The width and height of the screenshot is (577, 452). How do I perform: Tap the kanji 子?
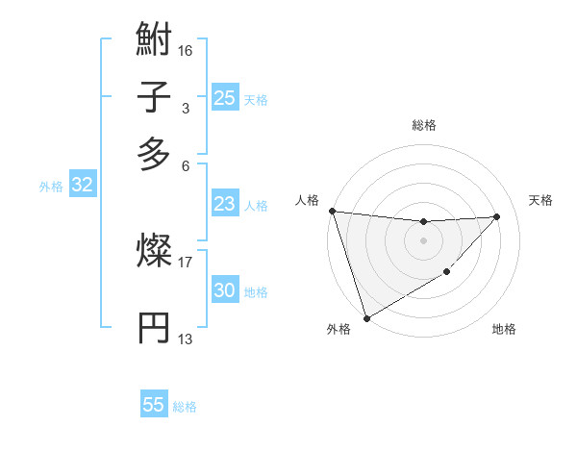click(x=155, y=97)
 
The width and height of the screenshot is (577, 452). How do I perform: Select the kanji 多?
click(x=155, y=153)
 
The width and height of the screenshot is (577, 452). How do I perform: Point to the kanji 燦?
click(x=155, y=252)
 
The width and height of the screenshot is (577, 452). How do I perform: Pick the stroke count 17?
click(x=186, y=260)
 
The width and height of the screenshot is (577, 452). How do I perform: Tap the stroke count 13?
click(x=186, y=339)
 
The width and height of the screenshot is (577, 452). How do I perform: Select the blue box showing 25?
click(x=224, y=97)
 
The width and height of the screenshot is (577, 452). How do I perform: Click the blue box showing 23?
click(x=224, y=204)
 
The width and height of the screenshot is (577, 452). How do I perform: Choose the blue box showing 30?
click(x=224, y=290)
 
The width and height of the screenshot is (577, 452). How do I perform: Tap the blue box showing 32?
click(x=82, y=186)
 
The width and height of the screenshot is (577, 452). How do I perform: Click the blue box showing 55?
click(x=154, y=405)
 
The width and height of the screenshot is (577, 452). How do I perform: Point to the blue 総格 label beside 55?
click(x=185, y=407)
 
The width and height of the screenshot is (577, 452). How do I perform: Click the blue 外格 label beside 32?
click(x=51, y=187)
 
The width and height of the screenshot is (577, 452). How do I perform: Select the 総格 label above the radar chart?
click(x=423, y=125)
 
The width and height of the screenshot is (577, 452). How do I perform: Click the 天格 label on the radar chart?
click(x=541, y=200)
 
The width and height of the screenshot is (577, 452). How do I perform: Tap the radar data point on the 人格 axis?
click(x=332, y=211)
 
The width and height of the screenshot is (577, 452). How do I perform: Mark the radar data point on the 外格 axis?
click(x=366, y=317)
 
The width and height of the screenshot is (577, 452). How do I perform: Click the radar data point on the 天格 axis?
click(x=497, y=216)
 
